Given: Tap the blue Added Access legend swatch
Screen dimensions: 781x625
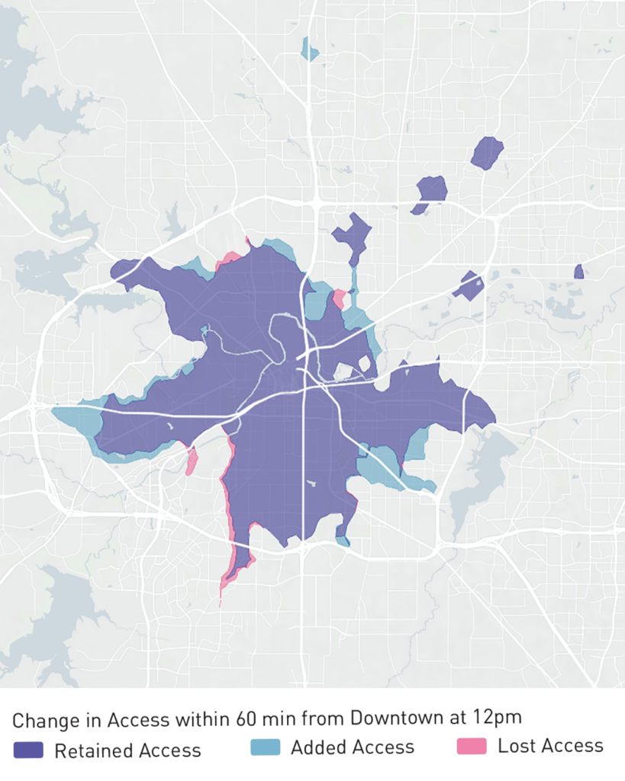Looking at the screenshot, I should pyautogui.click(x=265, y=747).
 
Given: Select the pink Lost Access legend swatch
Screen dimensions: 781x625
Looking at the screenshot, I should pyautogui.click(x=471, y=746).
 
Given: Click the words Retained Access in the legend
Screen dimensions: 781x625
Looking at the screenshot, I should pyautogui.click(x=127, y=750).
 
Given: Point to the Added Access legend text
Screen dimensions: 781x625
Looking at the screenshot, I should pyautogui.click(x=352, y=747).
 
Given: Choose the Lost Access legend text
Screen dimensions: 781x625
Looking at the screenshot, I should pyautogui.click(x=550, y=746).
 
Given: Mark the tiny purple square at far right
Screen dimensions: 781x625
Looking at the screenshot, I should pyautogui.click(x=578, y=271).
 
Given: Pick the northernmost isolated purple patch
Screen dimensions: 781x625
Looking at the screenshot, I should pyautogui.click(x=487, y=152).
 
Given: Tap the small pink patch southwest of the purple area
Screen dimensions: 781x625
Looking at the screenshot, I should pyautogui.click(x=191, y=461).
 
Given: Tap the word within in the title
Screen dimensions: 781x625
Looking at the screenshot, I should pyautogui.click(x=221, y=718).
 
